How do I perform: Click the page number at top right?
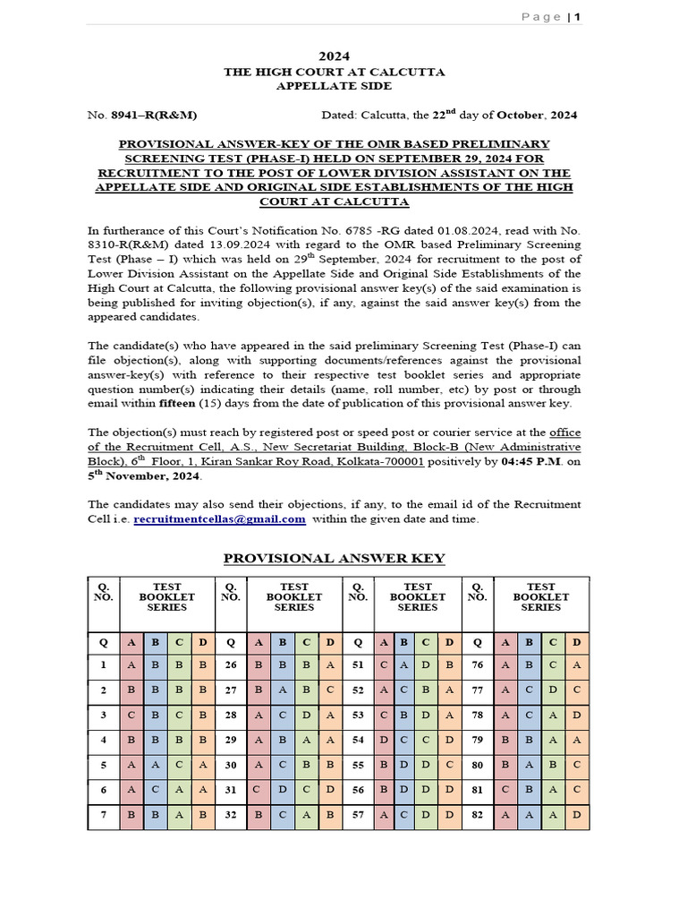point(577,17)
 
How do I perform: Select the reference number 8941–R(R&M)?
point(154,115)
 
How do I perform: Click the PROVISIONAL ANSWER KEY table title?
point(334,558)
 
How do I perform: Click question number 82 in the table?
point(478,816)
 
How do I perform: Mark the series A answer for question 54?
point(384,740)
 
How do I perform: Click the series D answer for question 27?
point(330,690)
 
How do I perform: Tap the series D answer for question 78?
point(576,715)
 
